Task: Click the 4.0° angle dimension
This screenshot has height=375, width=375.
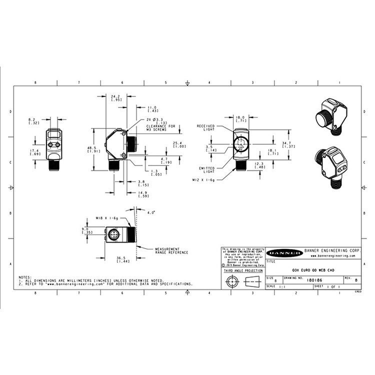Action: (x=151, y=212)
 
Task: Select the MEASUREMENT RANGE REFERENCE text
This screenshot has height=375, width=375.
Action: (x=171, y=250)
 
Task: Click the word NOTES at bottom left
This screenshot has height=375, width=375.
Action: (x=25, y=276)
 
